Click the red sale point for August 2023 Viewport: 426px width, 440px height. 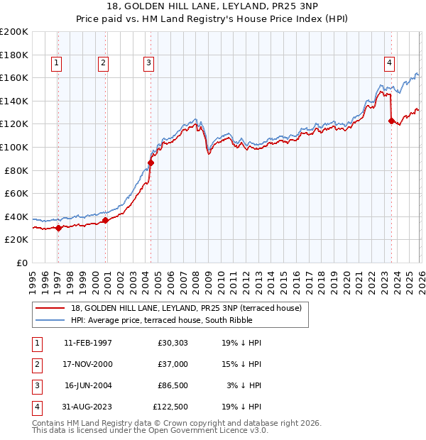coord(391,121)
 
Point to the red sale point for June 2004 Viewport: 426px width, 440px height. coord(151,163)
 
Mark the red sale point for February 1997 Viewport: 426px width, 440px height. coord(58,228)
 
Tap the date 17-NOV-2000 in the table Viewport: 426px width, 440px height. coord(88,364)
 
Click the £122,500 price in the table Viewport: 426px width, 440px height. coord(170,407)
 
